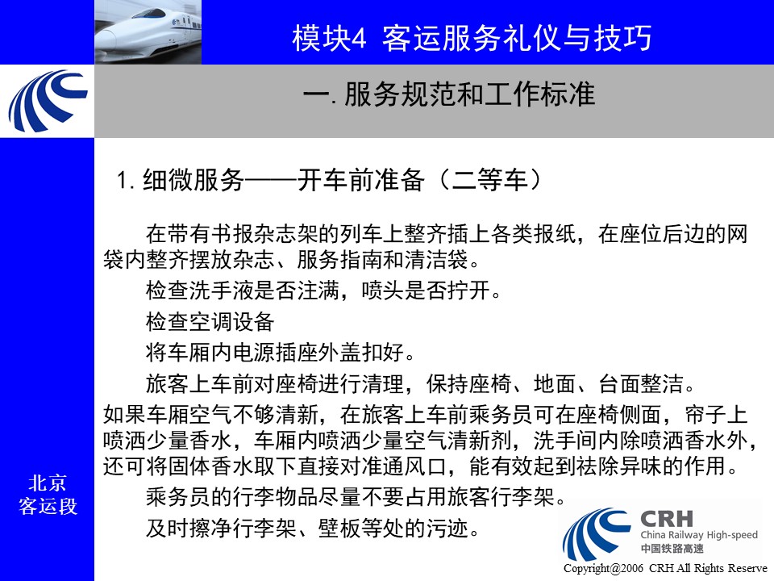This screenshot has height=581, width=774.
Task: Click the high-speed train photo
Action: [x=148, y=32]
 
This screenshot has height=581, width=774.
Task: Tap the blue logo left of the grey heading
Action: [x=48, y=102]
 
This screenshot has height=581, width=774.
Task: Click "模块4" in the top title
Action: [x=329, y=38]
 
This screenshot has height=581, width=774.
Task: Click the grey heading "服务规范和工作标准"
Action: [x=469, y=94]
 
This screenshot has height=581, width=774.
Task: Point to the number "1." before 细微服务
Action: [x=126, y=180]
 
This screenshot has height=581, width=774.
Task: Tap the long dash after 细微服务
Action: [x=271, y=181]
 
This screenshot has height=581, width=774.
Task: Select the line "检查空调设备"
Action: [x=210, y=322]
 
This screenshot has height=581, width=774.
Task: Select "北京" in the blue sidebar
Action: [x=48, y=483]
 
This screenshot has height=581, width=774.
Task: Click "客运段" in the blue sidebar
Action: [x=48, y=506]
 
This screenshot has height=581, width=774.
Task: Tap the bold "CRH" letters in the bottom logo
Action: [x=667, y=519]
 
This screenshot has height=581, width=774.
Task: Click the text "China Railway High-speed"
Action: [x=699, y=534]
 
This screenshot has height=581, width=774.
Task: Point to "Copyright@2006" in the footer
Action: [x=603, y=568]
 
